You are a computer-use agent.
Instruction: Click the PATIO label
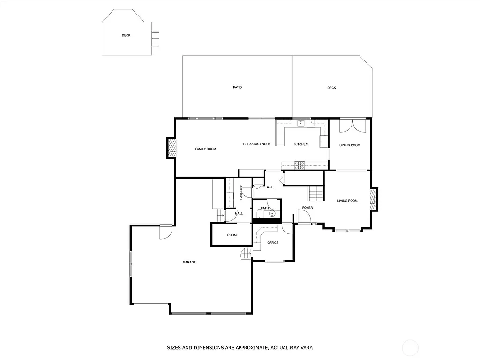238,87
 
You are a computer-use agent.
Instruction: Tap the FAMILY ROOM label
205,149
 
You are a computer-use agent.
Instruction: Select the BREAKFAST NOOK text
257,144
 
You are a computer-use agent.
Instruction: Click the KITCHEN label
301,144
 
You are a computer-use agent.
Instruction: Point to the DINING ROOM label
350,145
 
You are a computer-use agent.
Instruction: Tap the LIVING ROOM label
347,201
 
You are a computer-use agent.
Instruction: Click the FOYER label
307,208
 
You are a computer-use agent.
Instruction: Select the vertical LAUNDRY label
241,192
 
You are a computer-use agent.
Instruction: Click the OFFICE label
273,243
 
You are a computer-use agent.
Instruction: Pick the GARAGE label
189,262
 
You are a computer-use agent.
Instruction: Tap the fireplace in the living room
374,199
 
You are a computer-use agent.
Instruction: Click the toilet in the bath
260,214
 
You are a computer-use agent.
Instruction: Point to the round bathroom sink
272,214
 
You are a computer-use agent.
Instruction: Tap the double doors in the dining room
352,126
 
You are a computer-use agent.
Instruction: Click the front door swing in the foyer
304,216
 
